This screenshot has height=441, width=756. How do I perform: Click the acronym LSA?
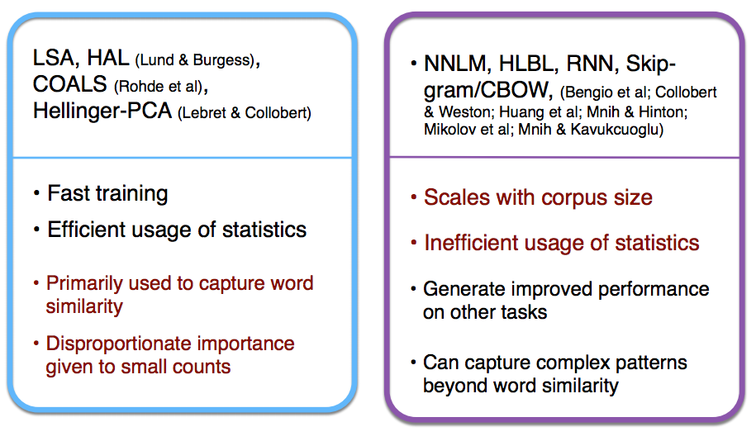(x=53, y=59)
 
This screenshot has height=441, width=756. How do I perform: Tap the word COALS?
(x=70, y=84)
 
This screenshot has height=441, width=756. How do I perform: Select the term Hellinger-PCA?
(x=102, y=111)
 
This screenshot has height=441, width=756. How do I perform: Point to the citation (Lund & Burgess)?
(x=194, y=60)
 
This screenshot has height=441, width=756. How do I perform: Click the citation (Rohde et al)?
(x=158, y=87)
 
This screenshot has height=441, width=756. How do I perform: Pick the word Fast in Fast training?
(x=69, y=193)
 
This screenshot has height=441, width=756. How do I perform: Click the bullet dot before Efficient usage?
(x=36, y=230)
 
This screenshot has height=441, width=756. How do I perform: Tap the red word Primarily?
(x=84, y=284)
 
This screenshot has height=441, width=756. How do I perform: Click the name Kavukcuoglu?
(x=616, y=129)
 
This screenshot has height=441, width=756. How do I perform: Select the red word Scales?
(x=457, y=197)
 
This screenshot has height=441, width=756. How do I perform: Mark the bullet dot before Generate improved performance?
(x=413, y=289)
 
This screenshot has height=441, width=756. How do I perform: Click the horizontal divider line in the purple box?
(x=564, y=157)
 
